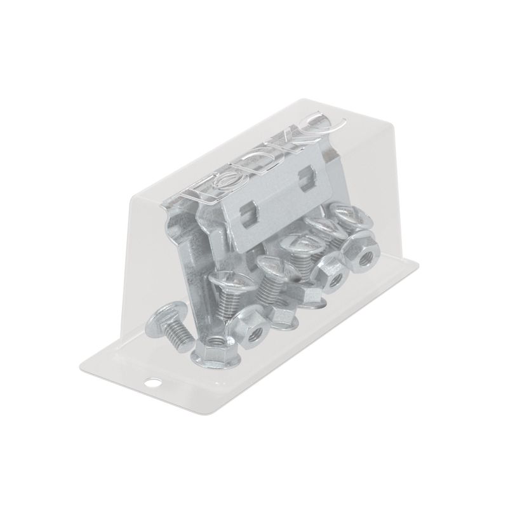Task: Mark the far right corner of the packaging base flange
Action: (x=421, y=261)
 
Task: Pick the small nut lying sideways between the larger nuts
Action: (x=279, y=312)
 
